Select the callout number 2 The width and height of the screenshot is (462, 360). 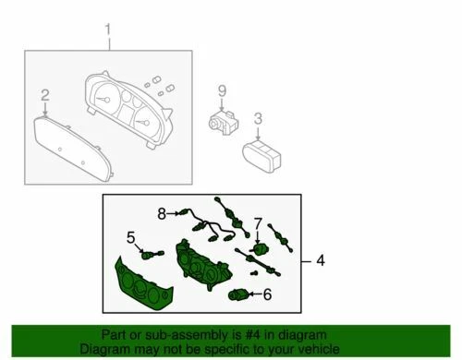coord(43,95)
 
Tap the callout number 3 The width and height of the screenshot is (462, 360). coord(258,118)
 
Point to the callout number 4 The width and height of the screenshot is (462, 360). coord(321,261)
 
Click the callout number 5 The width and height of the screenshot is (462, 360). coord(131,237)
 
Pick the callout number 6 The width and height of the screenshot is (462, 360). coord(267,294)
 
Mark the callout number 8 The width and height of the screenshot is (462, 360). coord(161,213)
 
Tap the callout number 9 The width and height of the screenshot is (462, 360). coord(222,90)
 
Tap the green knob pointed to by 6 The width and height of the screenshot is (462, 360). coord(237,295)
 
